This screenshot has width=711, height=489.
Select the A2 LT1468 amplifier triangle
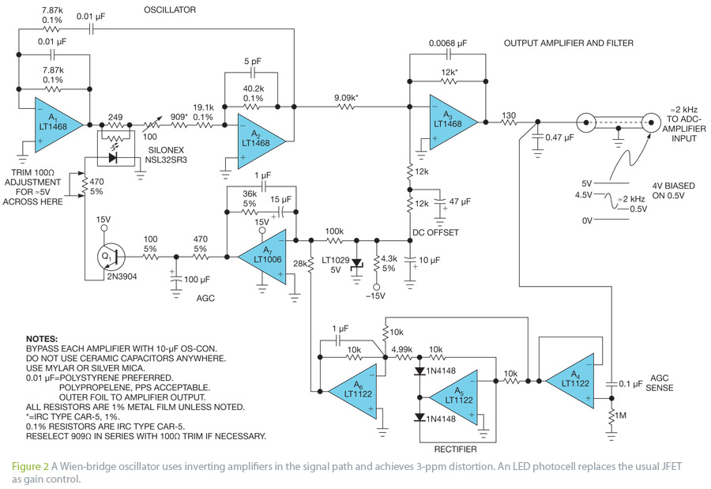coord(258,141)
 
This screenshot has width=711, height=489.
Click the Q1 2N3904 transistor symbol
coord(110,257)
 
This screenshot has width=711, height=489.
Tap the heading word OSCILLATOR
coord(170,9)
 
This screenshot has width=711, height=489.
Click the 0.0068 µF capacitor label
coord(448,43)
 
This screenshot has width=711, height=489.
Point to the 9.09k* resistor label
coord(347,97)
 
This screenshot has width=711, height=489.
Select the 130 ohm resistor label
coord(509,115)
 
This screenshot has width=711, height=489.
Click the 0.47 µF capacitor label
coord(559,137)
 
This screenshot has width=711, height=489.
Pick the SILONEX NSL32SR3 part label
coord(166,155)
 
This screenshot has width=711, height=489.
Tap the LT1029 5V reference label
coord(336,265)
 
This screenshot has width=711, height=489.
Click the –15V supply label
coord(375,296)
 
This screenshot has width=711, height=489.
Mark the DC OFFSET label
coord(435,232)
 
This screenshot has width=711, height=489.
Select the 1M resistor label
coord(620,416)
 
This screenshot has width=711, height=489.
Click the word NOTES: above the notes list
coord(42,339)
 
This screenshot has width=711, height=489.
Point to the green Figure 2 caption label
coord(30,466)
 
